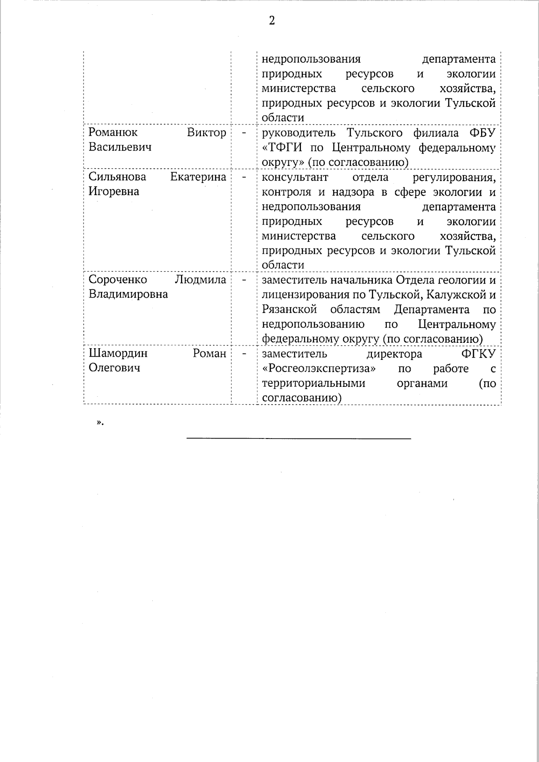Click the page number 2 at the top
272,20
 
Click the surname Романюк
113,133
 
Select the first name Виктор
207,133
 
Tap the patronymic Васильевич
120,147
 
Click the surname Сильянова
117,177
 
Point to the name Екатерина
198,177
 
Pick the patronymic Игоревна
114,191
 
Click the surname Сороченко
118,279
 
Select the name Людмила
200,279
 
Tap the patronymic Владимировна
128,294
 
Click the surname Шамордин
118,354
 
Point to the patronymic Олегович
114,368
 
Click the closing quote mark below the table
99,422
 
